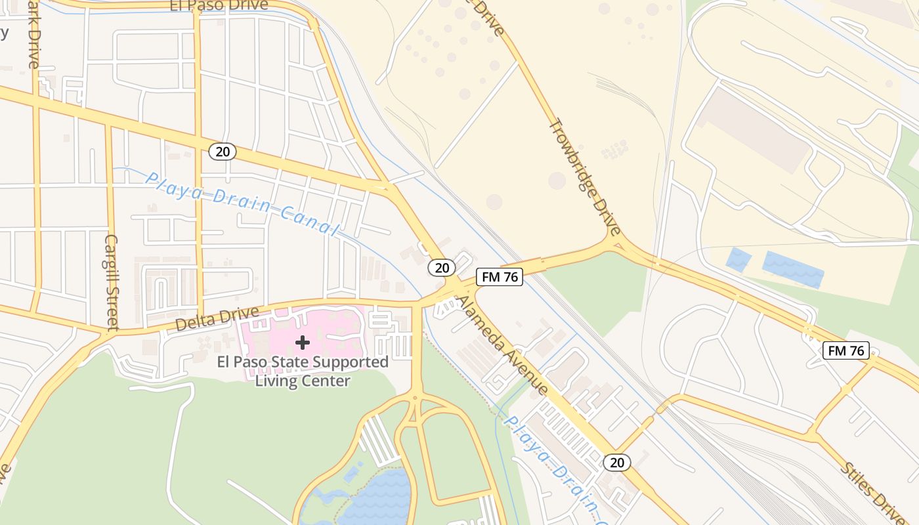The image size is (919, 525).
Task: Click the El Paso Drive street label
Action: coord(219,5)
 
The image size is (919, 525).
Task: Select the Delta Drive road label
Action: coord(209,320)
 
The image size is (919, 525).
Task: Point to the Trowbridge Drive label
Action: coord(584,177)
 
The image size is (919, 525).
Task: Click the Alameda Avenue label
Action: coord(502,345)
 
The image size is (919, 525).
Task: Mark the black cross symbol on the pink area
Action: coord(303,343)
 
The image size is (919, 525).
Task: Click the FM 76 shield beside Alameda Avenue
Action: coord(500,277)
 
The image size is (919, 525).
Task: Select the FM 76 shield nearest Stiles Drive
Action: coord(846,350)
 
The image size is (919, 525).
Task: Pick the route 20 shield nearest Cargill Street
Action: coord(223,152)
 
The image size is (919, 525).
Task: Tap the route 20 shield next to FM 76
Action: coord(442,267)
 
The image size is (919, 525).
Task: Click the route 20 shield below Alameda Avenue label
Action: coord(617,462)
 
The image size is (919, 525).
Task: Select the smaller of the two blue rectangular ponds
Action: coord(738,260)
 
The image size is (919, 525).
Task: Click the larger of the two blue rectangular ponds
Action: coord(792,268)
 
